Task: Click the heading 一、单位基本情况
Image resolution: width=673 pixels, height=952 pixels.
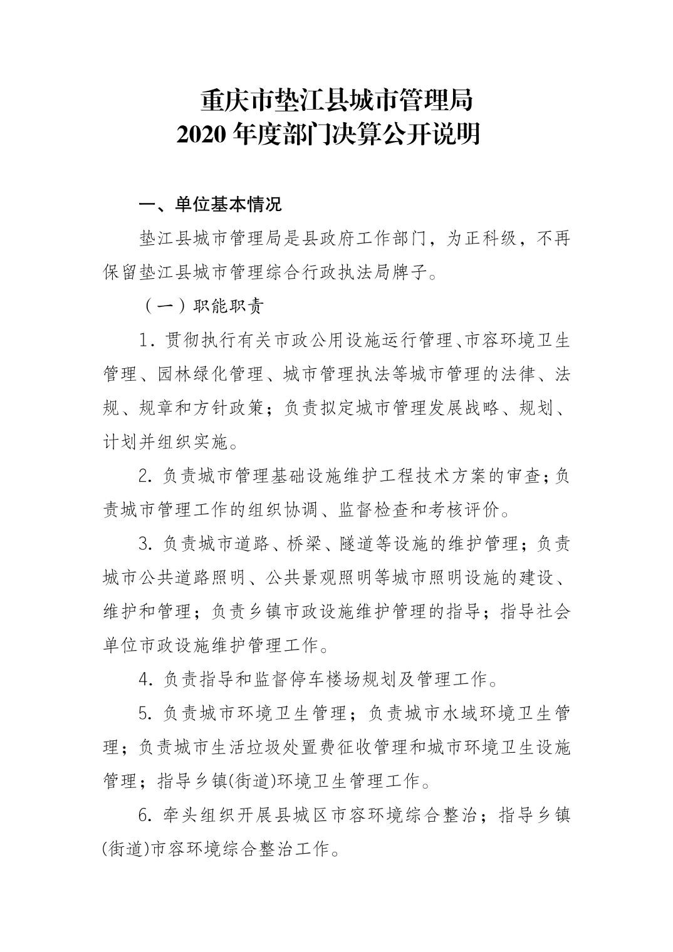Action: (210, 204)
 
